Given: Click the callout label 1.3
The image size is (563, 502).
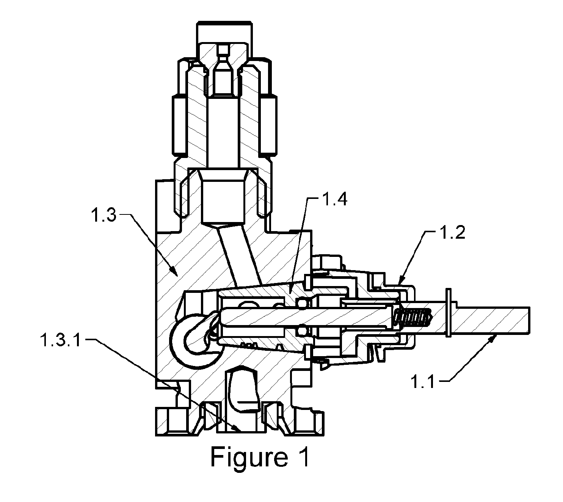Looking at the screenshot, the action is coord(104,216).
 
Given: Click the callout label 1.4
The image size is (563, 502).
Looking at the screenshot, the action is coord(335,199).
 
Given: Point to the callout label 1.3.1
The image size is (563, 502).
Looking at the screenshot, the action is coord(61,340).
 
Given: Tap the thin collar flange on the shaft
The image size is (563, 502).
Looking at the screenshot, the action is coord(448,313).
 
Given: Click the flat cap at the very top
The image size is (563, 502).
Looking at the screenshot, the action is coord(224,23).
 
